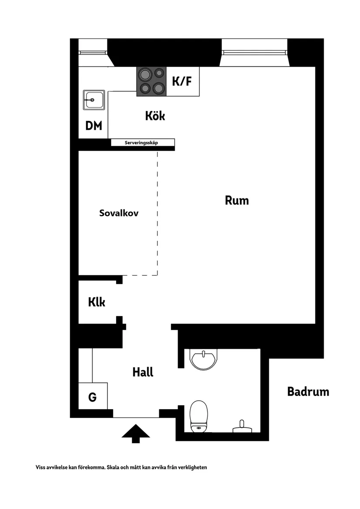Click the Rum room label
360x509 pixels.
237,201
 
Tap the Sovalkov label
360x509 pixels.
119,213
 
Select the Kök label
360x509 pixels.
155,116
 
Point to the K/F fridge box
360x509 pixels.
183,82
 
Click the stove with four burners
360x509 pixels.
151,82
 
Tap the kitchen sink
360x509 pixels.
93,100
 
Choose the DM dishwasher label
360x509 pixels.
93,126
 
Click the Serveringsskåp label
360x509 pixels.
143,143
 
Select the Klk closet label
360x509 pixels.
96,302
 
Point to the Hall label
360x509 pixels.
143,372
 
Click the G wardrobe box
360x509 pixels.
93,397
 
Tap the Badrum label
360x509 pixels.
308,392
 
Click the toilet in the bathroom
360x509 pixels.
199,415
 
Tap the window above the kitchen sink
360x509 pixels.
93,52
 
